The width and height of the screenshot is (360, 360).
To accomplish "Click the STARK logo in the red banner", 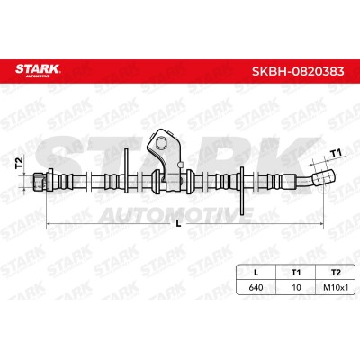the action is tap(38, 69).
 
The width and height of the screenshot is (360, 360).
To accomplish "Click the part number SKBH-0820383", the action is tap(298, 71).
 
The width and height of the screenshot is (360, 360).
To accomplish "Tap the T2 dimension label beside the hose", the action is tap(19, 163).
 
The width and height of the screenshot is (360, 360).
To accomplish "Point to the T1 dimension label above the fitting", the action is tap(336, 154).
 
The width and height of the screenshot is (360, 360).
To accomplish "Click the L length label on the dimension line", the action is tap(178, 223).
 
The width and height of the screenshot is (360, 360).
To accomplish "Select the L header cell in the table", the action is tap(256, 273).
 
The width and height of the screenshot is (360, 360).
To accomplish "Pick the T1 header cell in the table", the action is tap(296, 273).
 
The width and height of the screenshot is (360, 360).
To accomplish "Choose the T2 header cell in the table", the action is tap(336, 273).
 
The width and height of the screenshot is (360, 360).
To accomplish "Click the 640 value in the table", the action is tap(256, 287).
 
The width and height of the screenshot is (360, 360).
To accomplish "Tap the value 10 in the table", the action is tap(296, 287).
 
